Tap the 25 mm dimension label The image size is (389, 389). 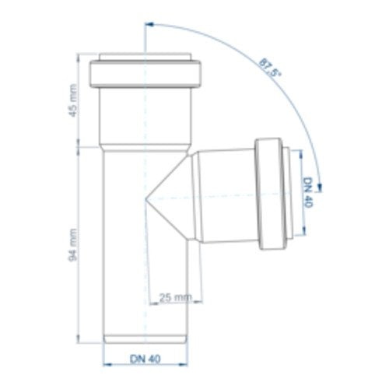pyautogui.click(x=176, y=297)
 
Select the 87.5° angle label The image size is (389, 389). pyautogui.click(x=270, y=68)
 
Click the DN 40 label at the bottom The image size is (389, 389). pyautogui.click(x=145, y=359)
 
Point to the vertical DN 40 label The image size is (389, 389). pyautogui.click(x=308, y=192)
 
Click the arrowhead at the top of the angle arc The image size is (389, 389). pyautogui.click(x=149, y=24)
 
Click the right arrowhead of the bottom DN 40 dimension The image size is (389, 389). pyautogui.click(x=184, y=365)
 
